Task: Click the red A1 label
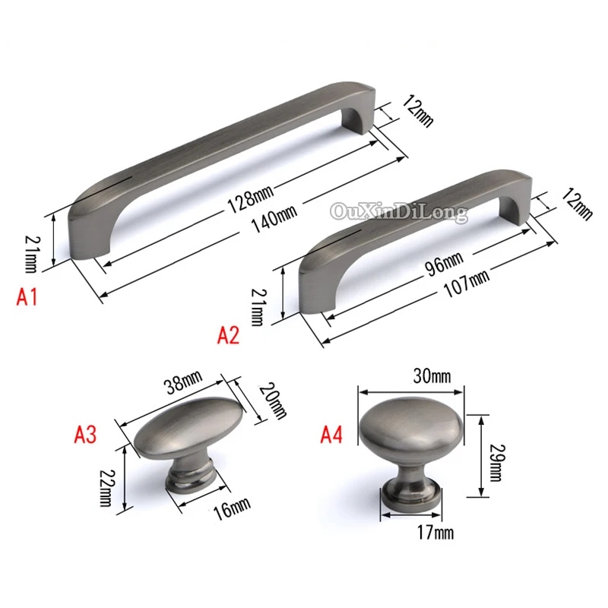[x=27, y=298]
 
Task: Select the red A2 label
[x=228, y=335]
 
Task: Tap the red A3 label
[x=85, y=434]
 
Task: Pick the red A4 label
[x=331, y=434]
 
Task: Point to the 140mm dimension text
[x=274, y=219]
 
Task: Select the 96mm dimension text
[x=445, y=264]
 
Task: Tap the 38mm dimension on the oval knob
[x=183, y=382]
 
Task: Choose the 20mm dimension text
[x=273, y=401]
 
